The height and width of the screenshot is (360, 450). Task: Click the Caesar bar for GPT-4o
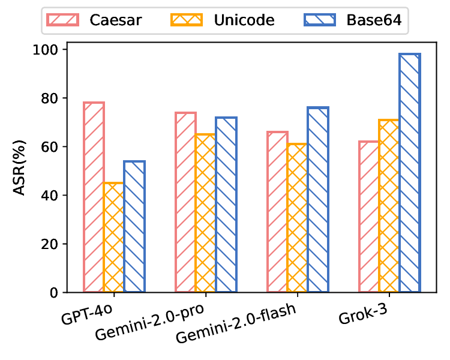point(94,197)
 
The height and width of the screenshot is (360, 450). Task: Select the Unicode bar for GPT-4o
point(114,238)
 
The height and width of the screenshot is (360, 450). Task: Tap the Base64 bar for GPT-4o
point(134,227)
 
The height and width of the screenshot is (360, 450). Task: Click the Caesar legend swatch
point(63,20)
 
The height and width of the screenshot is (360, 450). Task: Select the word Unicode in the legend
point(244,20)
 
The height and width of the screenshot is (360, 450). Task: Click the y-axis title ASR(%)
point(20,170)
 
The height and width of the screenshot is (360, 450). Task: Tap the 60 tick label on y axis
point(52,146)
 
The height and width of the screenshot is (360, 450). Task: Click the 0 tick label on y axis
point(56,293)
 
